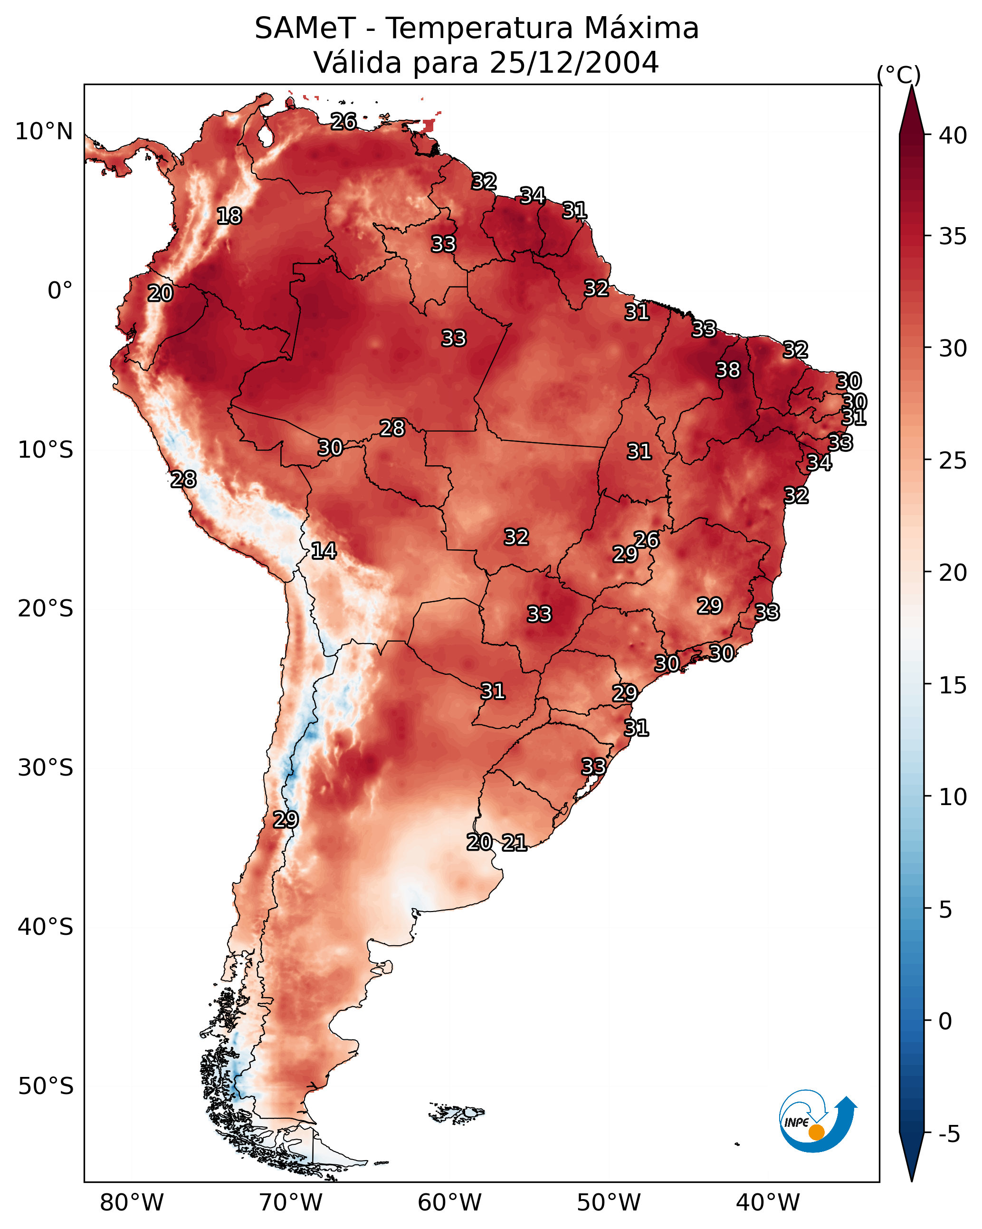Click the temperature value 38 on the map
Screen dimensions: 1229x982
pos(728,370)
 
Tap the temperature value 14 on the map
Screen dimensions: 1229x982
pos(324,551)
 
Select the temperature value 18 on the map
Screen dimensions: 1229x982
pos(229,216)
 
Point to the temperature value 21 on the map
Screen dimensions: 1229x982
pos(514,843)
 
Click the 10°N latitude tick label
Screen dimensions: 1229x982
pos(44,132)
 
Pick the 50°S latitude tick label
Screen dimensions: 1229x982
pos(46,1086)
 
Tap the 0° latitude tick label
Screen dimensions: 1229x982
pos(60,291)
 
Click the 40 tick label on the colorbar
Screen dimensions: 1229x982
pos(953,135)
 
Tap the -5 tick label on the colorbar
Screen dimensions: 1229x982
pos(949,1134)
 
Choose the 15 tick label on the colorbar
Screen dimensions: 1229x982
pos(953,685)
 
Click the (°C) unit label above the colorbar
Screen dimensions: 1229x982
pos(899,75)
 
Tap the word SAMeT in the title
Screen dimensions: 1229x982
pos(305,29)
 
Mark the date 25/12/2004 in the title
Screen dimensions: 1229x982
pos(574,63)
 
